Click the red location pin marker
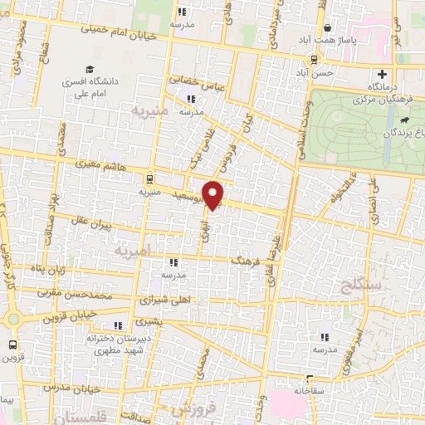click(x=214, y=193)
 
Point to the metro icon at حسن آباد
click(x=314, y=60)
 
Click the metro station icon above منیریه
click(x=148, y=178)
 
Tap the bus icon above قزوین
click(x=12, y=344)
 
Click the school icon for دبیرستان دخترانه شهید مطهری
click(x=118, y=325)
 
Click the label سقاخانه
click(x=307, y=388)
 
